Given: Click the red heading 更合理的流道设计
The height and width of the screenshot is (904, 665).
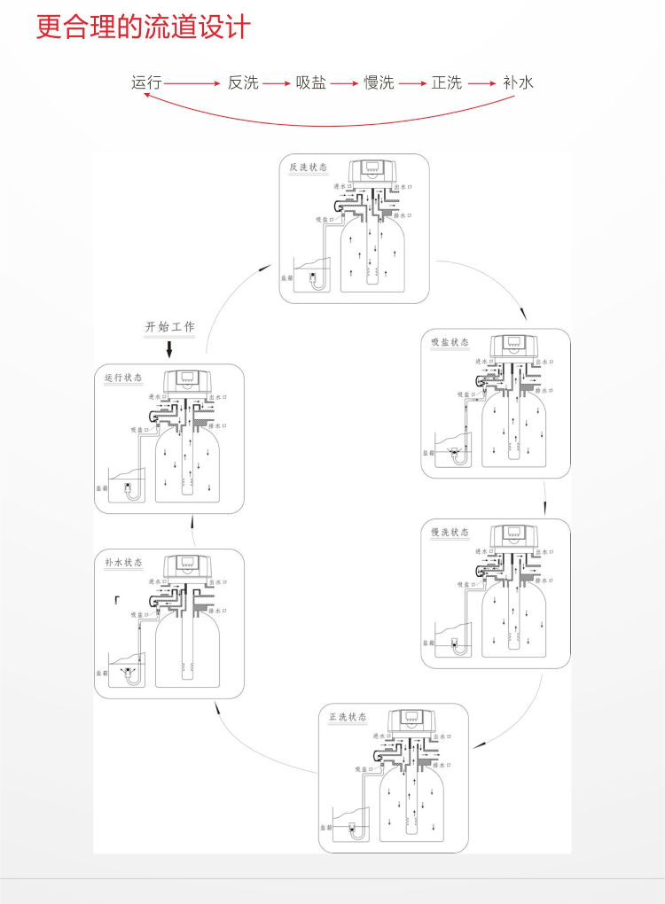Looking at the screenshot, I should [x=143, y=27].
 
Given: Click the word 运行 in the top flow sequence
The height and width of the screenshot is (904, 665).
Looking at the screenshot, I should [x=146, y=82].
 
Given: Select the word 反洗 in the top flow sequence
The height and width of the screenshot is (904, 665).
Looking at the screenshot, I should [x=243, y=82].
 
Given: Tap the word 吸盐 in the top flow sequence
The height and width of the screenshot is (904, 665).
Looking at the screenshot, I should [x=311, y=82].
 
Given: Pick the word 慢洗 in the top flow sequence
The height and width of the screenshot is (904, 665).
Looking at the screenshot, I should [x=379, y=82].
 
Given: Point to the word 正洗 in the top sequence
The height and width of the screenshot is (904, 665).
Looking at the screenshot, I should [x=447, y=82].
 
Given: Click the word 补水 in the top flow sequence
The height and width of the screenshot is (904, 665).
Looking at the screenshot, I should [x=518, y=82].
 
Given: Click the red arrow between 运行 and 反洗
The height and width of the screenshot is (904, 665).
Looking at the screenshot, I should [x=192, y=83].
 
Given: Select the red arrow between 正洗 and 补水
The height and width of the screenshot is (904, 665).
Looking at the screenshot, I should [x=481, y=83].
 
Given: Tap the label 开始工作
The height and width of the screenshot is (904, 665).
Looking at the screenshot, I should [x=169, y=327].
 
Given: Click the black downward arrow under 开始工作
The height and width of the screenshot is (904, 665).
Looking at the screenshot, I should [x=169, y=349].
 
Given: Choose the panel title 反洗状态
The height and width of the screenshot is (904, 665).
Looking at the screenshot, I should [x=309, y=167].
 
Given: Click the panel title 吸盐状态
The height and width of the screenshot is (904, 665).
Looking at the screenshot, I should [x=450, y=342].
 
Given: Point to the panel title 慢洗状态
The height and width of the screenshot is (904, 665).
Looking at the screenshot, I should [x=450, y=533].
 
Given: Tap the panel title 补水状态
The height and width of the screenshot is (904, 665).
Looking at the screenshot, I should [x=123, y=563].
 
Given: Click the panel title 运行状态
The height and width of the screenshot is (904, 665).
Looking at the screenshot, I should [x=123, y=378].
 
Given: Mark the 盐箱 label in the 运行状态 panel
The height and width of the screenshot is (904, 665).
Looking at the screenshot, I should [x=102, y=487].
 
